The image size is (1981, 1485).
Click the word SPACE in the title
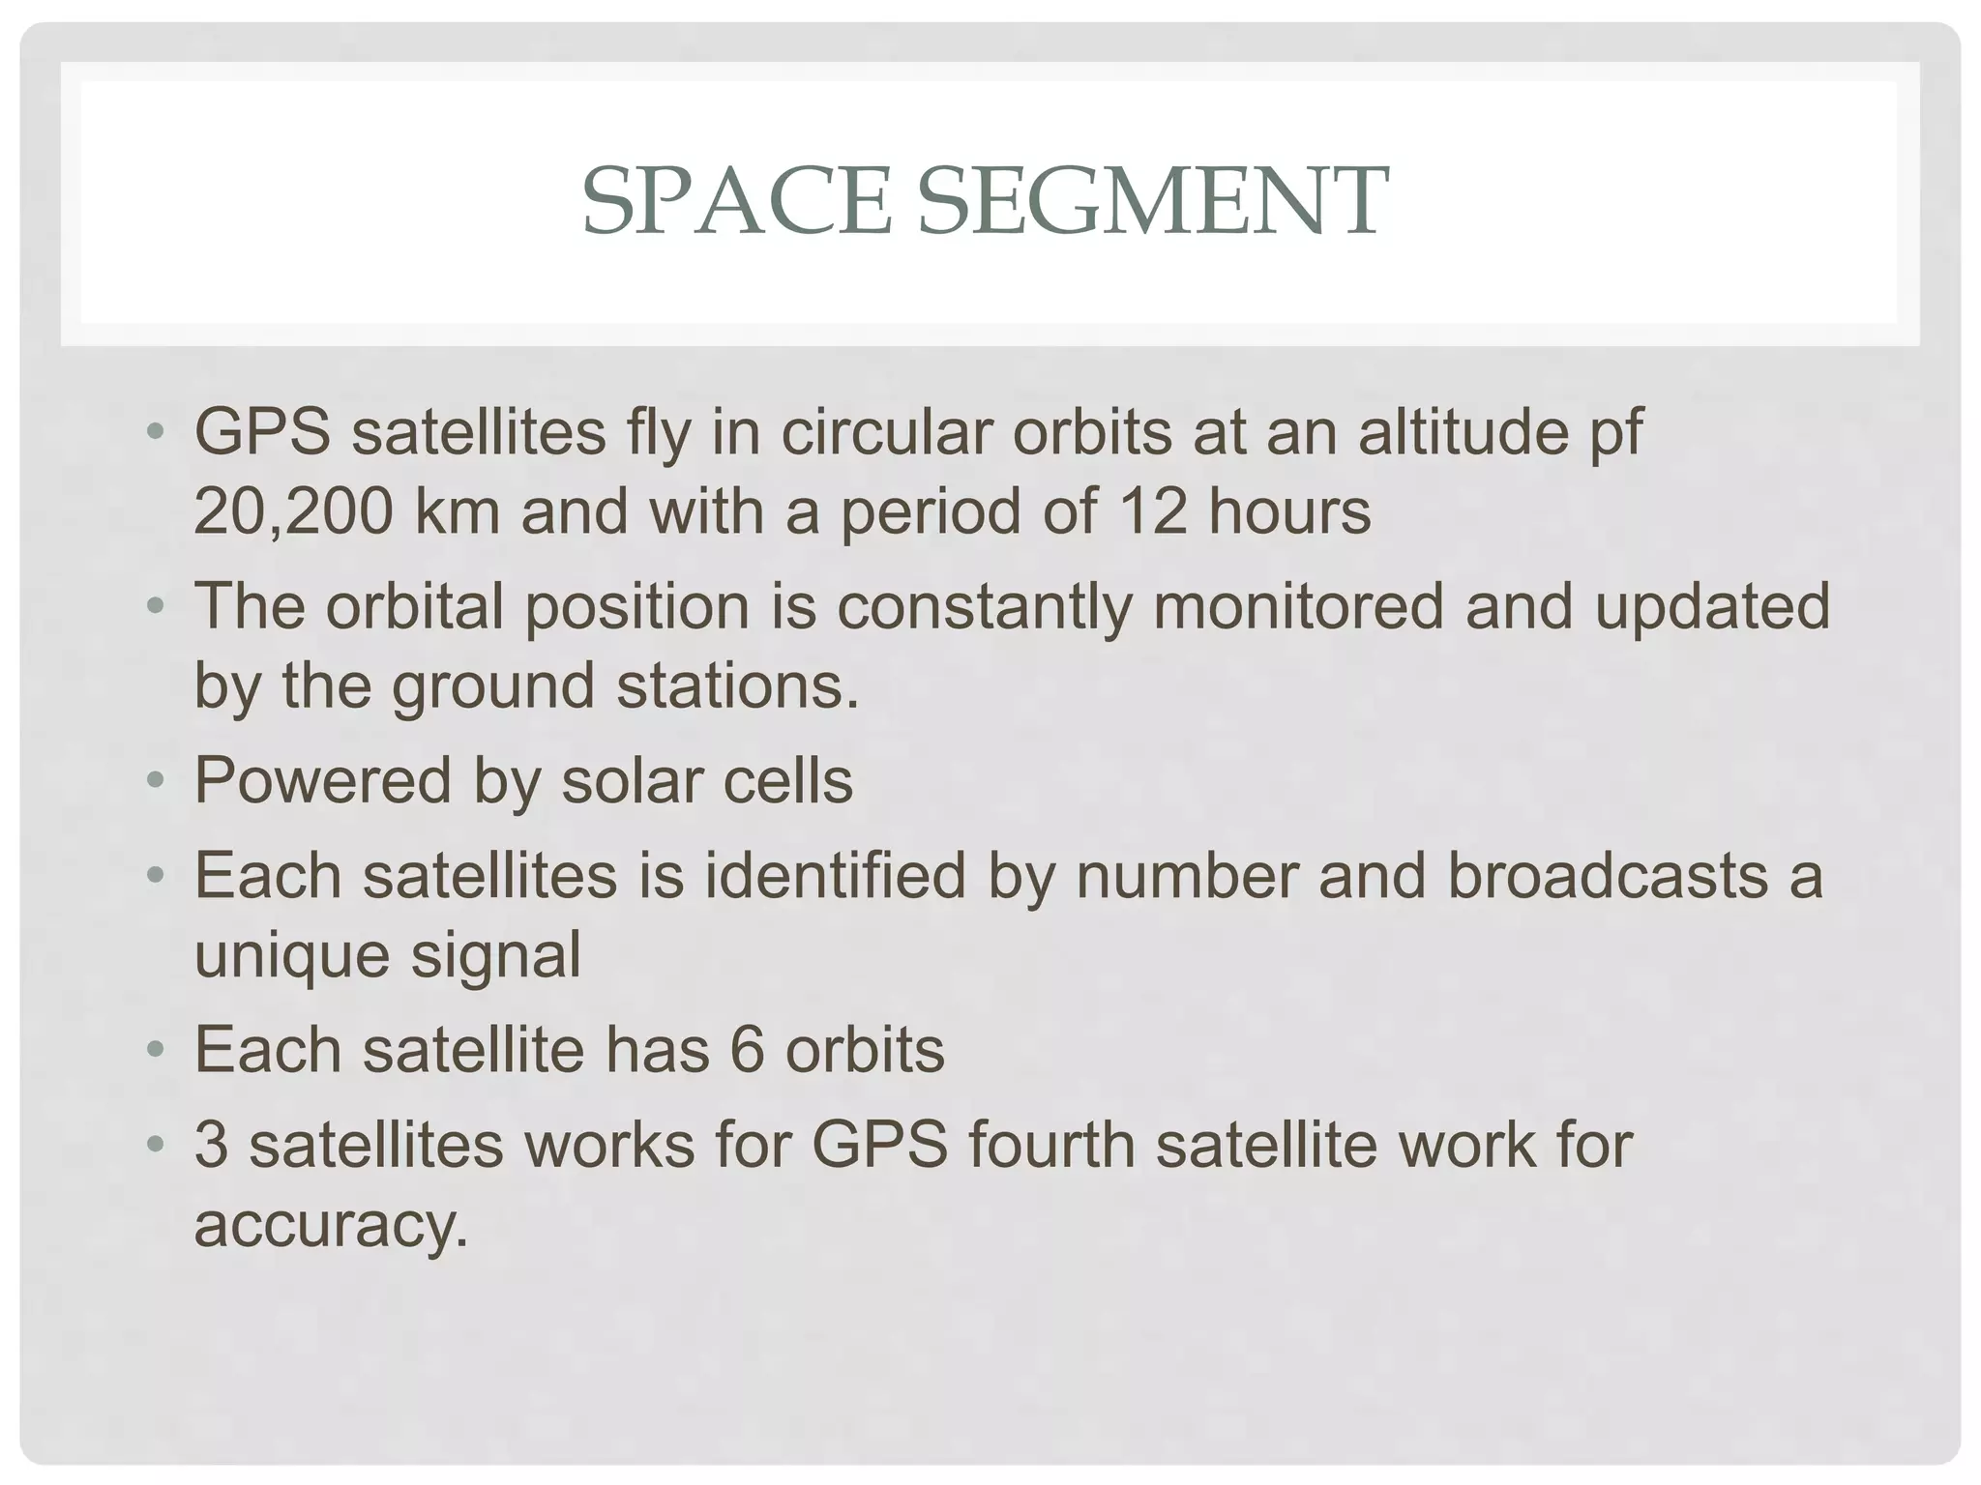(735, 201)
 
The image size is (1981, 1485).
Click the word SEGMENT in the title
(1152, 201)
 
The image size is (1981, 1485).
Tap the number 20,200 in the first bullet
(293, 511)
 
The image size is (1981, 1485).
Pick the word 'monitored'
(1298, 606)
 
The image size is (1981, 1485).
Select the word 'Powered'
(322, 780)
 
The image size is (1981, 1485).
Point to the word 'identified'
(835, 875)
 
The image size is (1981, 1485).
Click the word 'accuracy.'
(331, 1226)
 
